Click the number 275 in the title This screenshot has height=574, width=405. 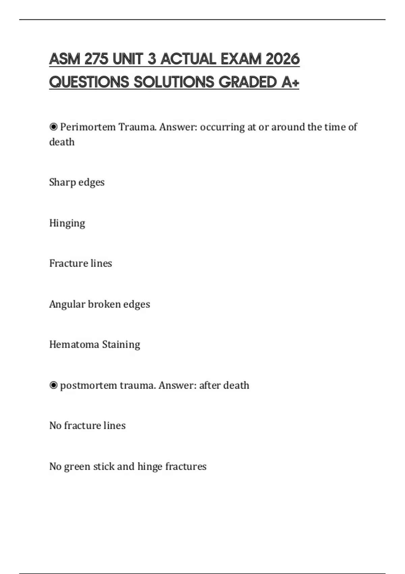[97, 59]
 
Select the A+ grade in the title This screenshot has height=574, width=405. [290, 82]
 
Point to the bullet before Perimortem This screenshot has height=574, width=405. [53, 127]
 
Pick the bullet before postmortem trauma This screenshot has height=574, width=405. [53, 385]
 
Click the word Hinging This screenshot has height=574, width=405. [67, 223]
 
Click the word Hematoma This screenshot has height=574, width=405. [74, 344]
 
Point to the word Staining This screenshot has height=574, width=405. [121, 345]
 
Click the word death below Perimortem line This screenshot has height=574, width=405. [62, 142]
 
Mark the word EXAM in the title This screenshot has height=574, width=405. [241, 59]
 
